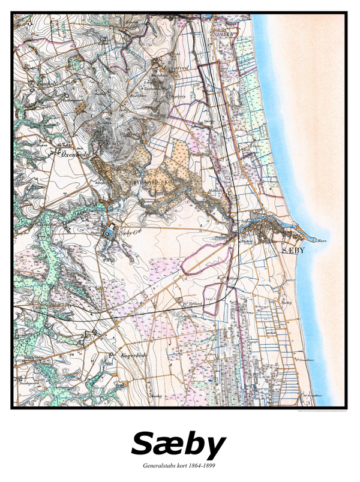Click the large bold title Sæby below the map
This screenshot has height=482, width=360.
178,444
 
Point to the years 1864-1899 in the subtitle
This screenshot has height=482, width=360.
202,465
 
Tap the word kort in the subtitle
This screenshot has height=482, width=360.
182,465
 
